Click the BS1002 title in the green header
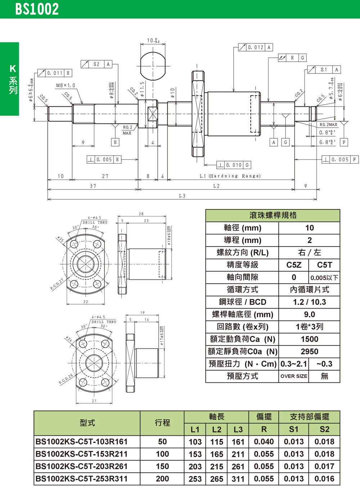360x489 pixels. click(37, 9)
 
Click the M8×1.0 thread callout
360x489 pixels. click(66, 85)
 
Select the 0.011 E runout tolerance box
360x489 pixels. click(55, 73)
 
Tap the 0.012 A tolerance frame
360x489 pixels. click(256, 47)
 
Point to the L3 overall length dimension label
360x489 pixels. click(182, 196)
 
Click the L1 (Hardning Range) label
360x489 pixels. click(230, 176)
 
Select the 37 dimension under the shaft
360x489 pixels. click(93, 186)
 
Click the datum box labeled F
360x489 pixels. click(344, 142)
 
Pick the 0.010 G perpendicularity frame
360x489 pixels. click(234, 165)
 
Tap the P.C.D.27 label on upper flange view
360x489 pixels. click(57, 284)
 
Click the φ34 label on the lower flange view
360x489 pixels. click(69, 339)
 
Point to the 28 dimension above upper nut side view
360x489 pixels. click(141, 214)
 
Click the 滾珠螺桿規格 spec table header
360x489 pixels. click(273, 215)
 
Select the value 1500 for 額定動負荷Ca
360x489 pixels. click(309, 339)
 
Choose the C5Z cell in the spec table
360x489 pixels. click(294, 265)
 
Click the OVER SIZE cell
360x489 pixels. click(294, 376)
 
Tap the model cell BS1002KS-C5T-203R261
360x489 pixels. click(82, 466)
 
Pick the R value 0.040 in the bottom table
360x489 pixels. click(264, 442)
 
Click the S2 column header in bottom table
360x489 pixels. click(324, 429)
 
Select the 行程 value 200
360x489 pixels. click(162, 479)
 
